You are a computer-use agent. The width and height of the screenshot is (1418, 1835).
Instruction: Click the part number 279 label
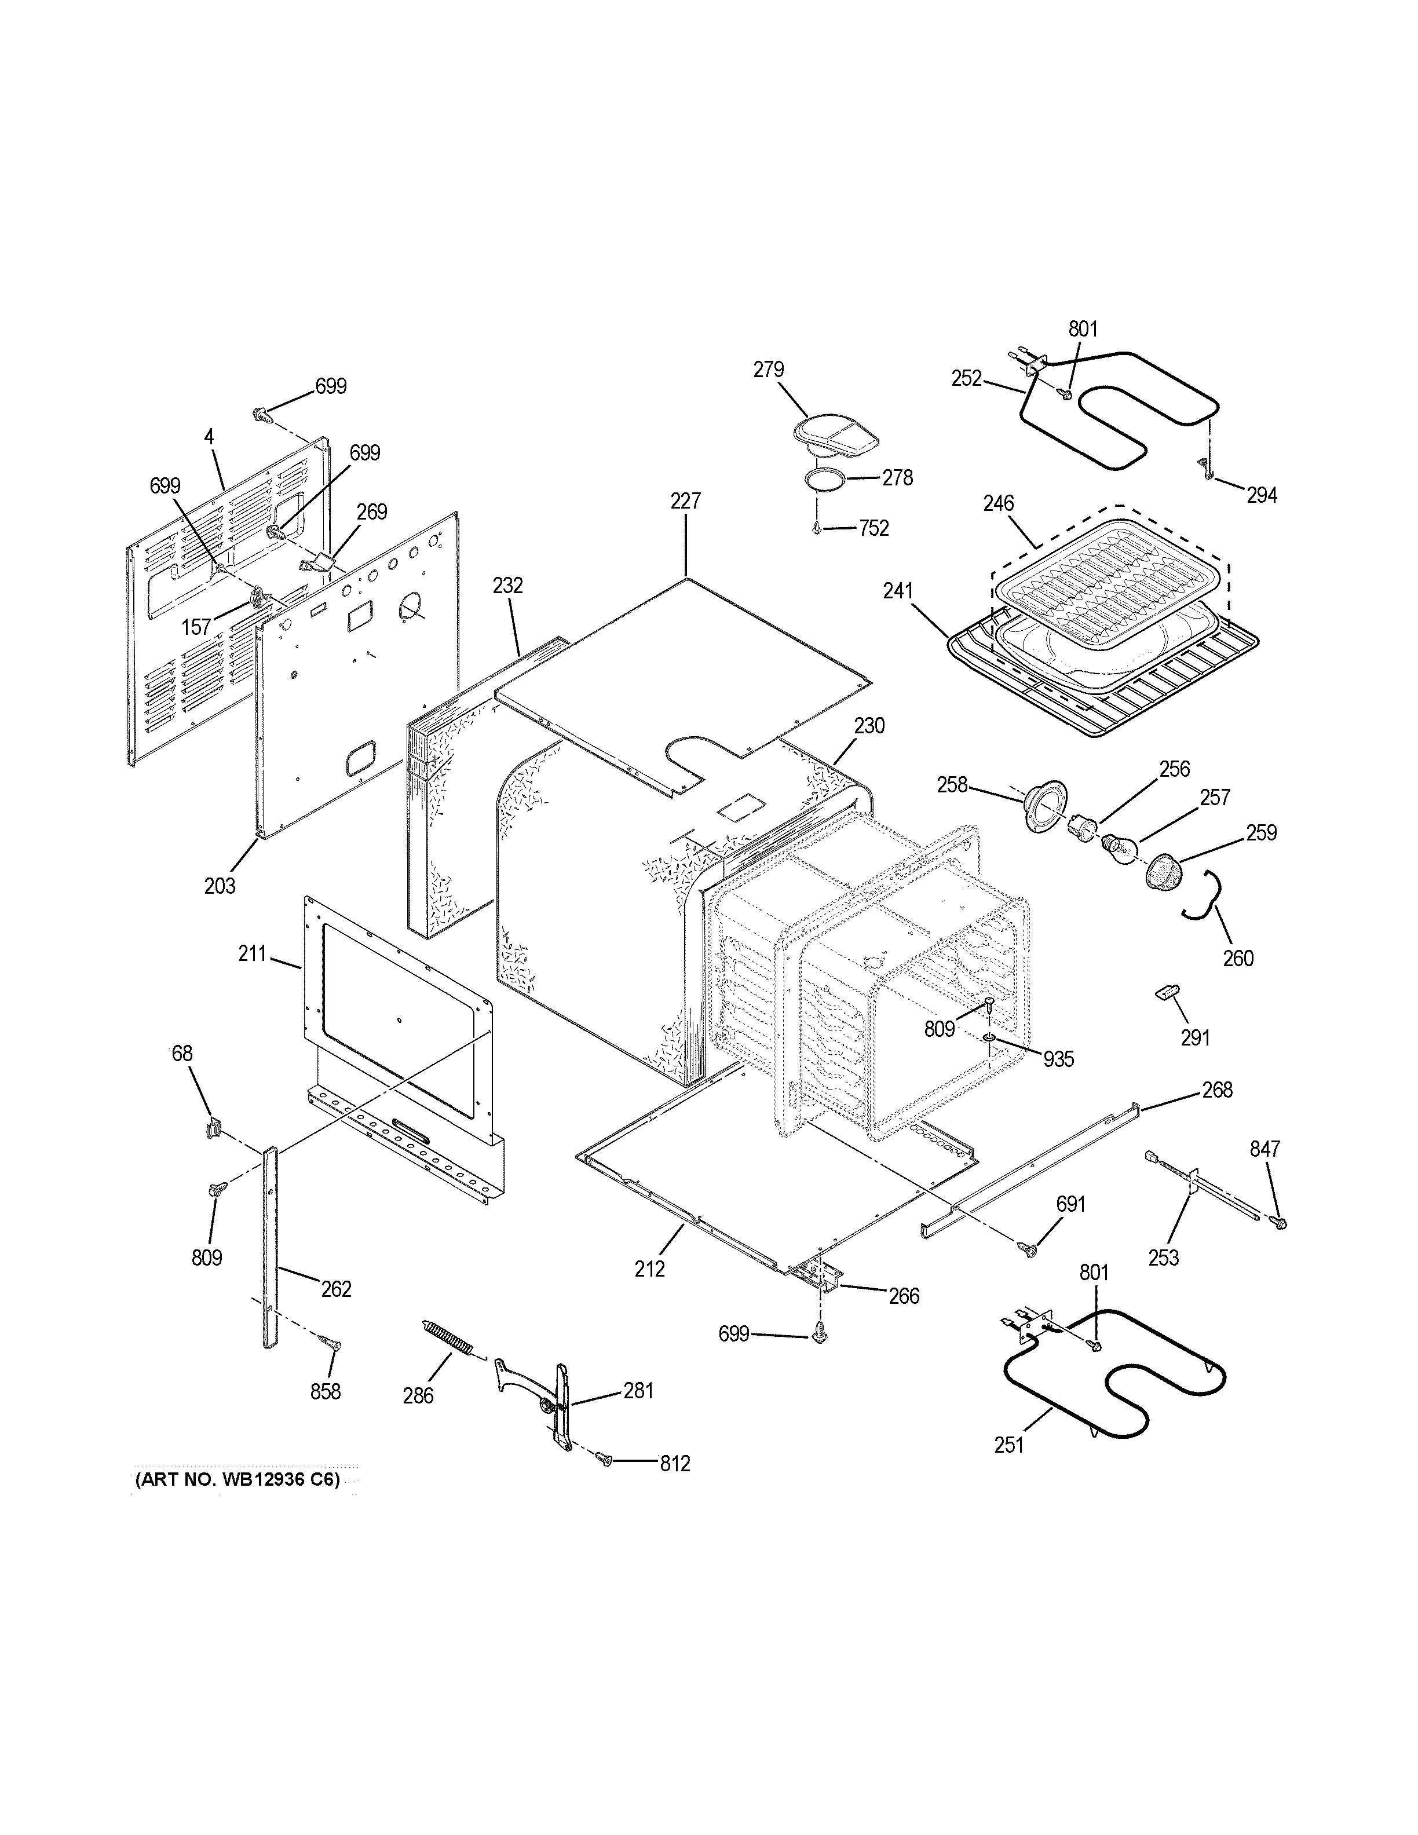point(768,370)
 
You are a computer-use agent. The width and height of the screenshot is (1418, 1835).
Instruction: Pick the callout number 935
point(1058,1059)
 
